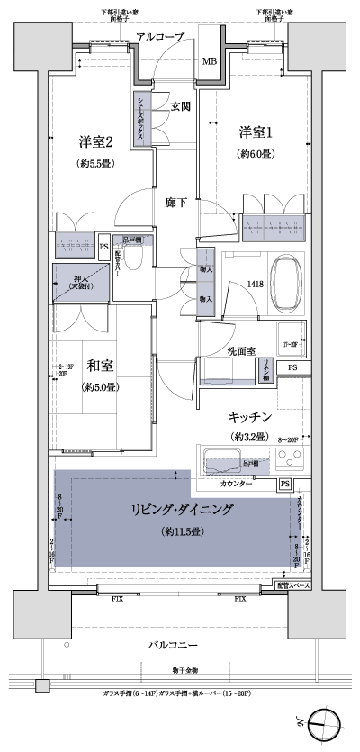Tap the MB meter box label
pyautogui.click(x=209, y=61)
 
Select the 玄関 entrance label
pyautogui.click(x=179, y=106)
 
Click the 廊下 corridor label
pyautogui.click(x=175, y=203)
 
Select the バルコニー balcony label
pyautogui.click(x=170, y=647)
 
